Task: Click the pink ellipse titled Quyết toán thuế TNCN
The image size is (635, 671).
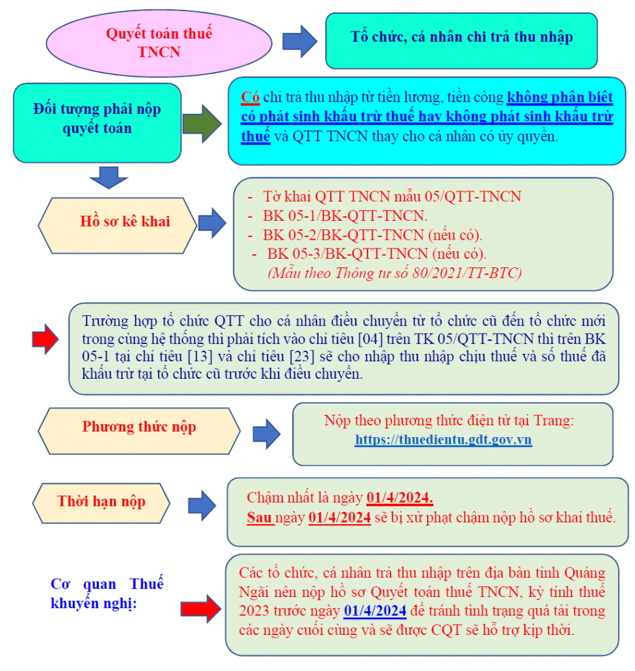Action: click(x=159, y=43)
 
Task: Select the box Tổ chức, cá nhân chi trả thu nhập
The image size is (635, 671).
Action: click(x=461, y=41)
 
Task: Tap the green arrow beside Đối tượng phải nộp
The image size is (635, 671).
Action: click(x=202, y=124)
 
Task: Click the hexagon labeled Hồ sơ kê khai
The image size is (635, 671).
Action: click(x=117, y=225)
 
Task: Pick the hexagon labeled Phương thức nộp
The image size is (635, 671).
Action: click(x=139, y=431)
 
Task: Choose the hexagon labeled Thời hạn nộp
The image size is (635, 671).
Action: click(x=102, y=503)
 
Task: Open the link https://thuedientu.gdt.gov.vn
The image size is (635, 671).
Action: click(x=443, y=440)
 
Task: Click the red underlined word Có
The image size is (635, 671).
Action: click(x=250, y=97)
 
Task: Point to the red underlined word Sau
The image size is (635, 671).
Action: click(x=260, y=518)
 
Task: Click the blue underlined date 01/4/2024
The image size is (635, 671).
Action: click(x=375, y=611)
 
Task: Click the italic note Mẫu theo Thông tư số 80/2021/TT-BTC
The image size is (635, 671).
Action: click(x=394, y=273)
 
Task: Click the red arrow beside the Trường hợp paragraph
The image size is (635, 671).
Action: click(x=45, y=339)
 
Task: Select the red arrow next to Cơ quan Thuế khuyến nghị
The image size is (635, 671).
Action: click(x=201, y=609)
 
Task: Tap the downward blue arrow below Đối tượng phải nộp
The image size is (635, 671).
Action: click(x=109, y=178)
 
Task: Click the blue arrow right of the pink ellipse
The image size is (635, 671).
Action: click(x=300, y=41)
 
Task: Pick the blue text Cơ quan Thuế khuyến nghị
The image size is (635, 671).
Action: click(x=107, y=593)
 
